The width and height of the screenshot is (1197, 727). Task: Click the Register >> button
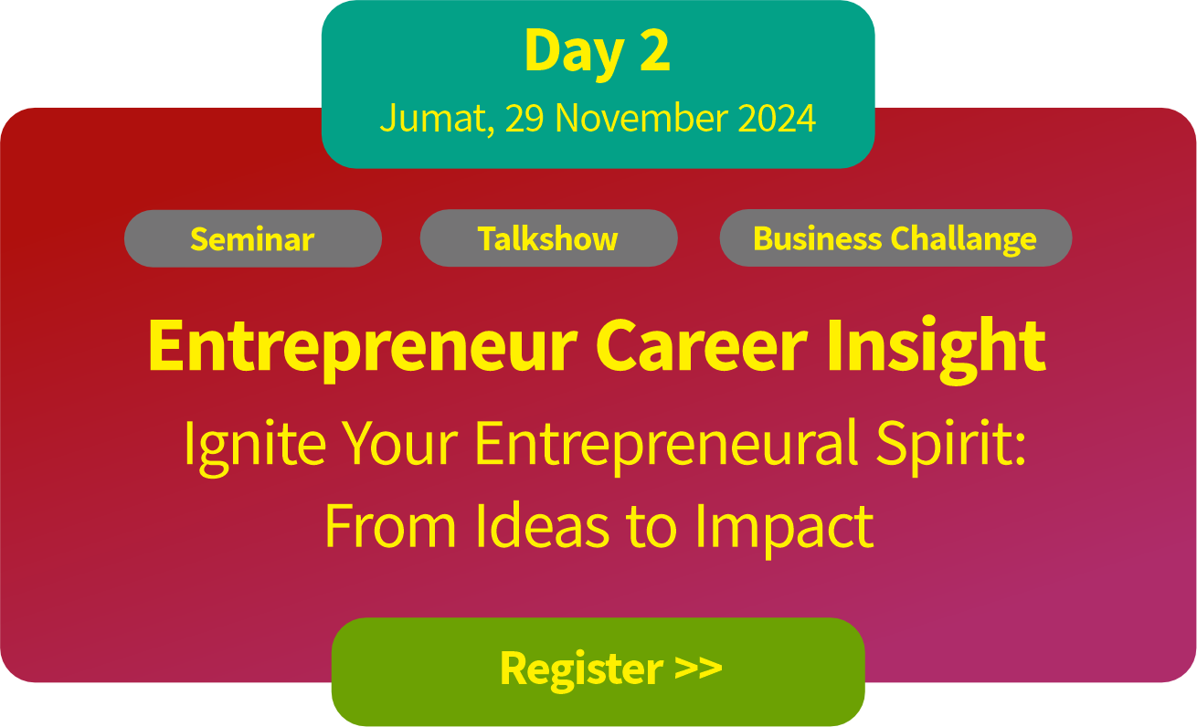pyautogui.click(x=598, y=671)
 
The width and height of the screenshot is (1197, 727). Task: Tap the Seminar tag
pyautogui.click(x=253, y=238)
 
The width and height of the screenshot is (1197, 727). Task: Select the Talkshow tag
pyautogui.click(x=548, y=237)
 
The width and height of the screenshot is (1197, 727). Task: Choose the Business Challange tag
pyautogui.click(x=895, y=237)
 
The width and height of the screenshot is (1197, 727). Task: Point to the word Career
pyautogui.click(x=701, y=345)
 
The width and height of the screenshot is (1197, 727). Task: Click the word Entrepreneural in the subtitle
pyautogui.click(x=666, y=447)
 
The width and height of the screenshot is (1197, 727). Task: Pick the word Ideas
pyautogui.click(x=543, y=526)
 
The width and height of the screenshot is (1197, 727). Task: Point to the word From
pyautogui.click(x=390, y=526)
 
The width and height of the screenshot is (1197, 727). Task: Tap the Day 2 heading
pyautogui.click(x=597, y=52)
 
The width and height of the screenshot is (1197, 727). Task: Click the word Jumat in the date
pyautogui.click(x=437, y=119)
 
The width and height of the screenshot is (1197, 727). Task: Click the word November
pyautogui.click(x=641, y=118)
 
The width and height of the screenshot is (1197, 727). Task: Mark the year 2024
pyautogui.click(x=777, y=118)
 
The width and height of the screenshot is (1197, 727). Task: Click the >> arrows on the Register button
pyautogui.click(x=698, y=668)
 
